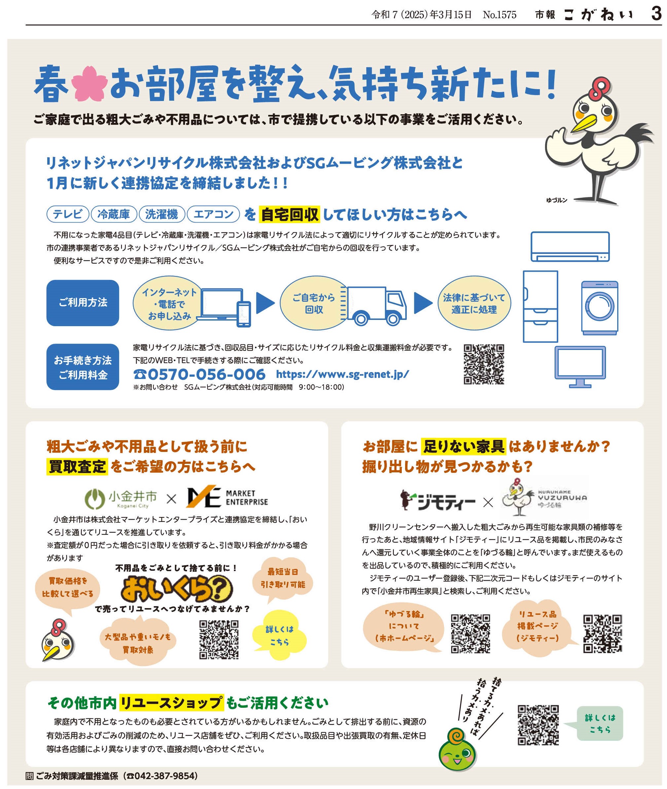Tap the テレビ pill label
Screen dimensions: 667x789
(68, 214)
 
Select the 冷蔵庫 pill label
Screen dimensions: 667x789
(114, 214)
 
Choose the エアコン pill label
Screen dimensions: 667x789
(213, 214)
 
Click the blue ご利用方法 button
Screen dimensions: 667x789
(83, 302)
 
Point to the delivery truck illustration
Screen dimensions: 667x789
(374, 306)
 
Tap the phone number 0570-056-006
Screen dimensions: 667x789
(199, 374)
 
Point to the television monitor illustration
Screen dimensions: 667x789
(580, 366)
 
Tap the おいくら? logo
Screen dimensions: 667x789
(176, 589)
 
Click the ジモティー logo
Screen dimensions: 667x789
(437, 500)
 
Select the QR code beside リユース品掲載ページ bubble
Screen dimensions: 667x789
(602, 634)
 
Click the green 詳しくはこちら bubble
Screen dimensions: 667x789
(599, 723)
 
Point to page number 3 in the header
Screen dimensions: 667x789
(656, 14)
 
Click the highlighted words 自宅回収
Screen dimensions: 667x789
(290, 215)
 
